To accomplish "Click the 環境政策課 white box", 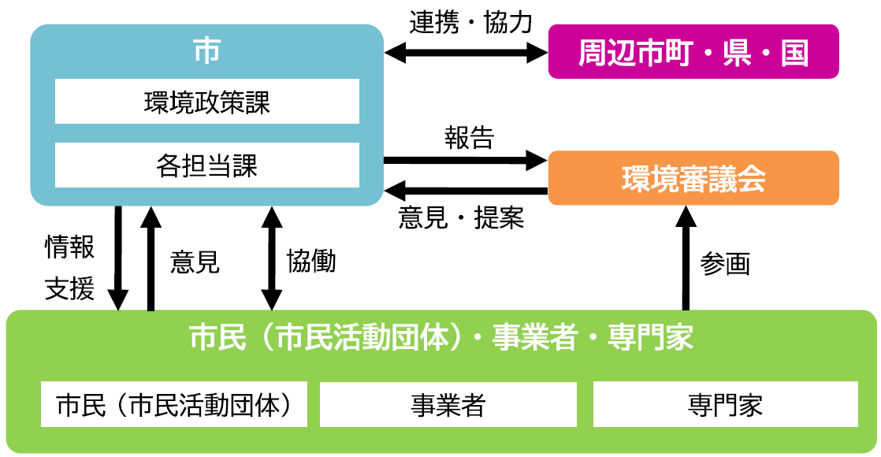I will point(206,102).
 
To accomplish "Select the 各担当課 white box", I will point(206,165).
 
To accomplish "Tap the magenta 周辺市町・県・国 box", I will point(693,52).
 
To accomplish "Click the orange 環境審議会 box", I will point(693,179).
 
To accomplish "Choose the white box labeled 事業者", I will point(448,405).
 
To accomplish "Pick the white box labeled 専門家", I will point(725,405).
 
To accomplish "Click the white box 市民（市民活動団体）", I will point(174,405).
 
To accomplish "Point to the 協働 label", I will point(311,261).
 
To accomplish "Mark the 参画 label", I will point(725,264).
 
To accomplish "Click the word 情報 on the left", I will point(69,248).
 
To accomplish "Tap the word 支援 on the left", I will point(69,289).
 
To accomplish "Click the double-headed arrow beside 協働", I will point(272,258).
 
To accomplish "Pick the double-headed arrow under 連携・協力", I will point(466,53).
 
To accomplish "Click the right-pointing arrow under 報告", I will point(465,161).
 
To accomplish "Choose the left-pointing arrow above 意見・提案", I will point(465,190).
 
